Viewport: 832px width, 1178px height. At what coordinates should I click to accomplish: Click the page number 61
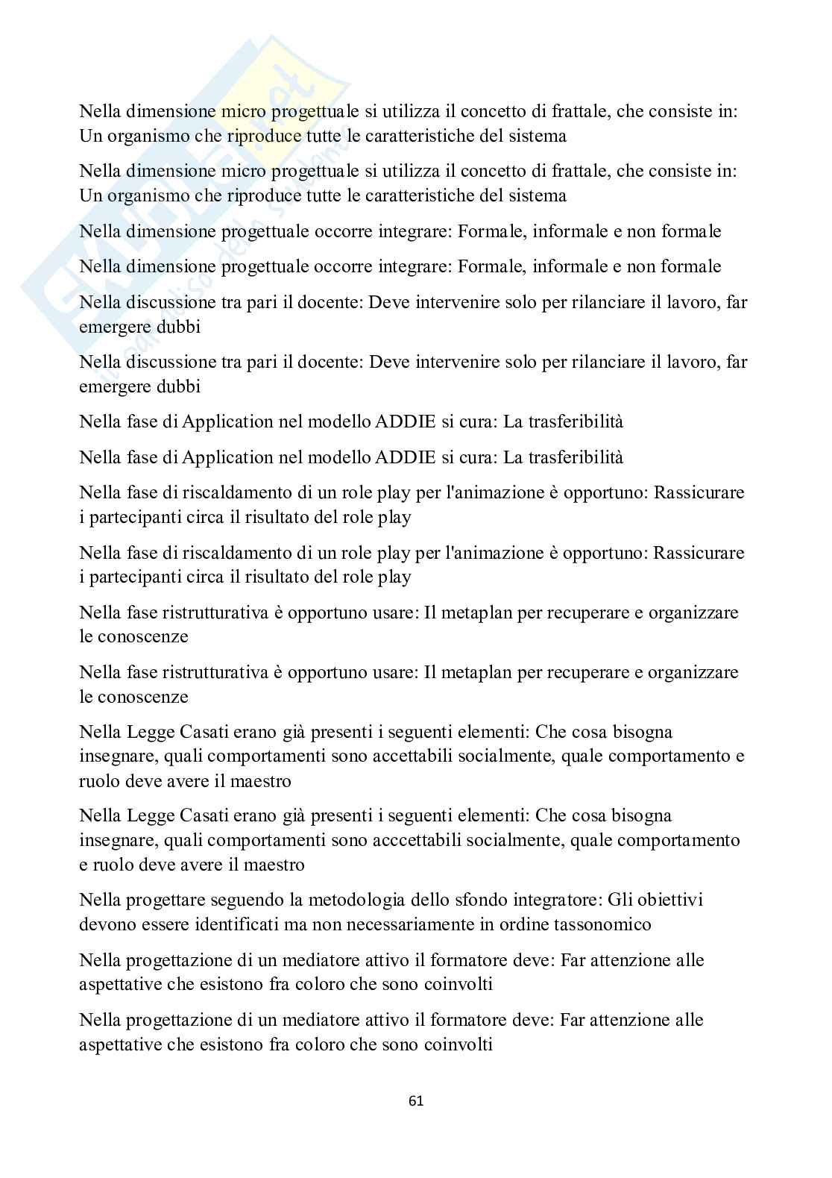click(x=416, y=1100)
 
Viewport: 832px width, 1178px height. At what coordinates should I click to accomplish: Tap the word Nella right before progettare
click(x=100, y=900)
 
